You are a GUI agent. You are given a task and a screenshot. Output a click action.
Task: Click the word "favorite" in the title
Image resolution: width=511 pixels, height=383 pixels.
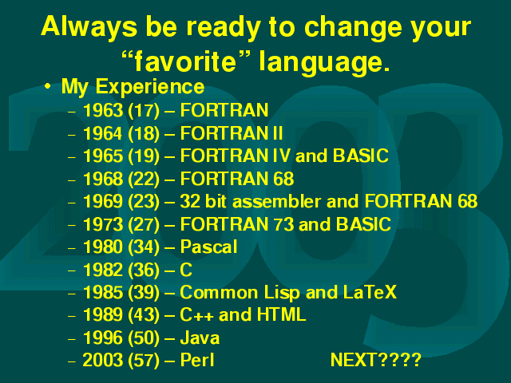tap(185, 61)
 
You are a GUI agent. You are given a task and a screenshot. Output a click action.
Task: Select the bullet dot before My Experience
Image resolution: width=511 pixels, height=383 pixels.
tap(48, 86)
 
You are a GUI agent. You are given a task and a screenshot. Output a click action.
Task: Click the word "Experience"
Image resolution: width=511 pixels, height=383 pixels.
tap(150, 87)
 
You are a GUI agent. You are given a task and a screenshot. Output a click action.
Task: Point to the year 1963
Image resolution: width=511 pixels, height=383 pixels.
tap(103, 110)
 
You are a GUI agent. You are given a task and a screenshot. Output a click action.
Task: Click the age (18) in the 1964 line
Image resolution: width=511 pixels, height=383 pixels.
tap(144, 133)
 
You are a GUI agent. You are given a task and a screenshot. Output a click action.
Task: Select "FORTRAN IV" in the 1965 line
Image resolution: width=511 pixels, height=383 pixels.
tap(235, 156)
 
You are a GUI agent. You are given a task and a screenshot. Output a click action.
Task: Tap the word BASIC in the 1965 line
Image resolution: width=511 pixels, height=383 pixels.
tap(361, 156)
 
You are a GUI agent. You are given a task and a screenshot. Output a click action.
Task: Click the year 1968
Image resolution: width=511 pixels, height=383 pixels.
tap(103, 179)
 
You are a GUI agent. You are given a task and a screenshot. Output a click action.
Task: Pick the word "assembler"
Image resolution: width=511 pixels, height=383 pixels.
tap(277, 201)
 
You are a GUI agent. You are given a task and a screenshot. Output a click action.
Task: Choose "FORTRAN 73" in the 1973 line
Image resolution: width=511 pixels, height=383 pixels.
tap(237, 224)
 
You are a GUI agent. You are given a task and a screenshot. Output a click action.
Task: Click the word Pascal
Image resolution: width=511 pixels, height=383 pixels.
tap(208, 247)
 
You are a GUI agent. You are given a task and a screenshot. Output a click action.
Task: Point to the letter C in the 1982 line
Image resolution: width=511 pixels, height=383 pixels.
tap(186, 270)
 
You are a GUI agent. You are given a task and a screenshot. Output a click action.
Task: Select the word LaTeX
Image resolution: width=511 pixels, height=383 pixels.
tap(370, 292)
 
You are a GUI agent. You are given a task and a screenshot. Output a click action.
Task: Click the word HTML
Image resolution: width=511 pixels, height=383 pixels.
tap(282, 314)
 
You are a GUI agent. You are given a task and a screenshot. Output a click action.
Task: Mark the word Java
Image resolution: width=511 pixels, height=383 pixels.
tap(200, 338)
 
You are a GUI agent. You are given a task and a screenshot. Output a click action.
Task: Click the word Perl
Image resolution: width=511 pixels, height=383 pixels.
tap(197, 360)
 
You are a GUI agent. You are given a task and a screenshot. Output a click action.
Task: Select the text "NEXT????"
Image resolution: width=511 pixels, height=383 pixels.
tap(376, 360)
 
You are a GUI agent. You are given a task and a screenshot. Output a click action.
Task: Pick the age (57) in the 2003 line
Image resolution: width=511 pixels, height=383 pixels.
tap(144, 360)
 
